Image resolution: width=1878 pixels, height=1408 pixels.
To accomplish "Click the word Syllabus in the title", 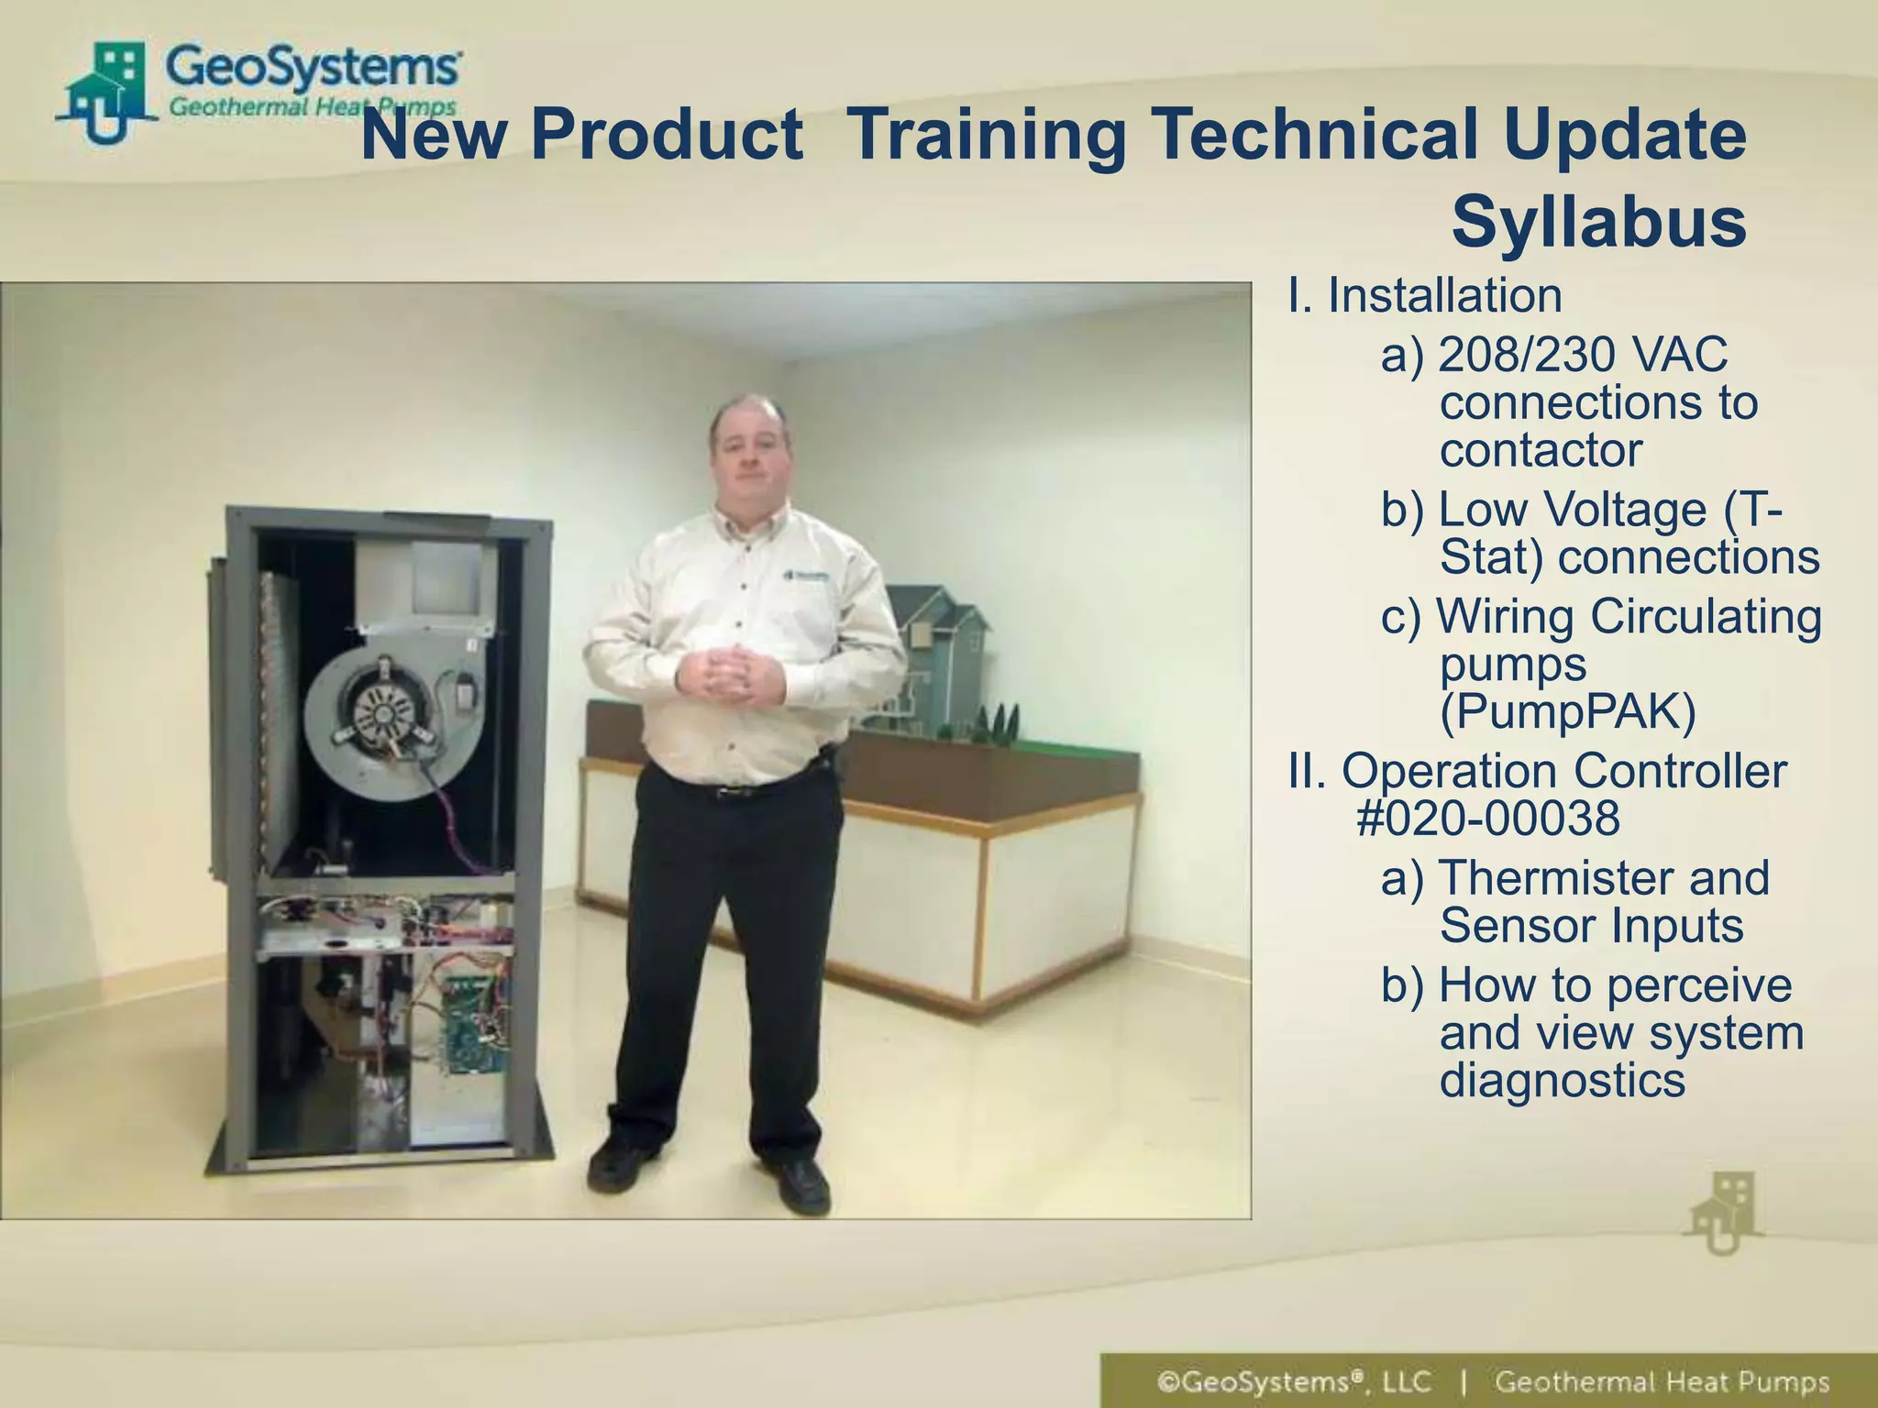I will [x=1598, y=223].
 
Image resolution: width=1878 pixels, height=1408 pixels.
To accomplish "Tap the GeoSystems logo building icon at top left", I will [x=105, y=92].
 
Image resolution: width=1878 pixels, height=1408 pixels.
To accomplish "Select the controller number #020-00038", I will [x=1487, y=819].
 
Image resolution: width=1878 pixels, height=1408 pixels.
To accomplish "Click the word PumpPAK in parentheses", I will [x=1568, y=711].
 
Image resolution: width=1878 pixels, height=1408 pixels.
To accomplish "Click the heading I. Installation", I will [x=1425, y=295].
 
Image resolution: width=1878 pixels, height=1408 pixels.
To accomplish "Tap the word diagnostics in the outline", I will [x=1562, y=1080].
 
